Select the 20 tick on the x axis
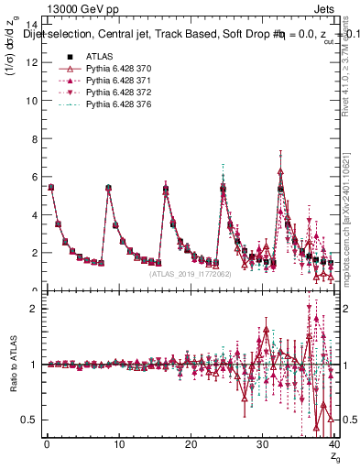pyautogui.click(x=191, y=444)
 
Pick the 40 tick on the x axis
pyautogui.click(x=334, y=444)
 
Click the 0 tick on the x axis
pyautogui.click(x=47, y=444)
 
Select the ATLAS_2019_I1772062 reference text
pyautogui.click(x=191, y=274)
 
